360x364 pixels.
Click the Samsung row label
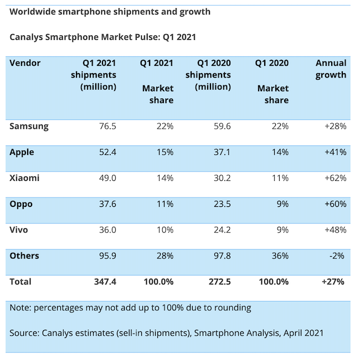(29, 126)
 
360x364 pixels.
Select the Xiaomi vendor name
(25, 178)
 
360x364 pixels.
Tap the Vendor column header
(25, 63)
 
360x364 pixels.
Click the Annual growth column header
(331, 69)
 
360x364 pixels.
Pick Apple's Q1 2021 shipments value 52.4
(106, 152)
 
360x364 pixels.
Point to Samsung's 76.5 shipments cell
(106, 126)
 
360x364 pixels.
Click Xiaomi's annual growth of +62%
(335, 178)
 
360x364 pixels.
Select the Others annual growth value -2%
(338, 256)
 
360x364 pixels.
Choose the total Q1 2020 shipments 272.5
(218, 282)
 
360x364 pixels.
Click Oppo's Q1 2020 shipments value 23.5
(220, 204)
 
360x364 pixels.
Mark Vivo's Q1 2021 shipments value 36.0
(106, 230)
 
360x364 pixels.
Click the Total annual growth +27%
(334, 282)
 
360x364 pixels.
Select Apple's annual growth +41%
(335, 152)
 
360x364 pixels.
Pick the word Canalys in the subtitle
(27, 37)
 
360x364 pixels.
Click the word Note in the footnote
(20, 308)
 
